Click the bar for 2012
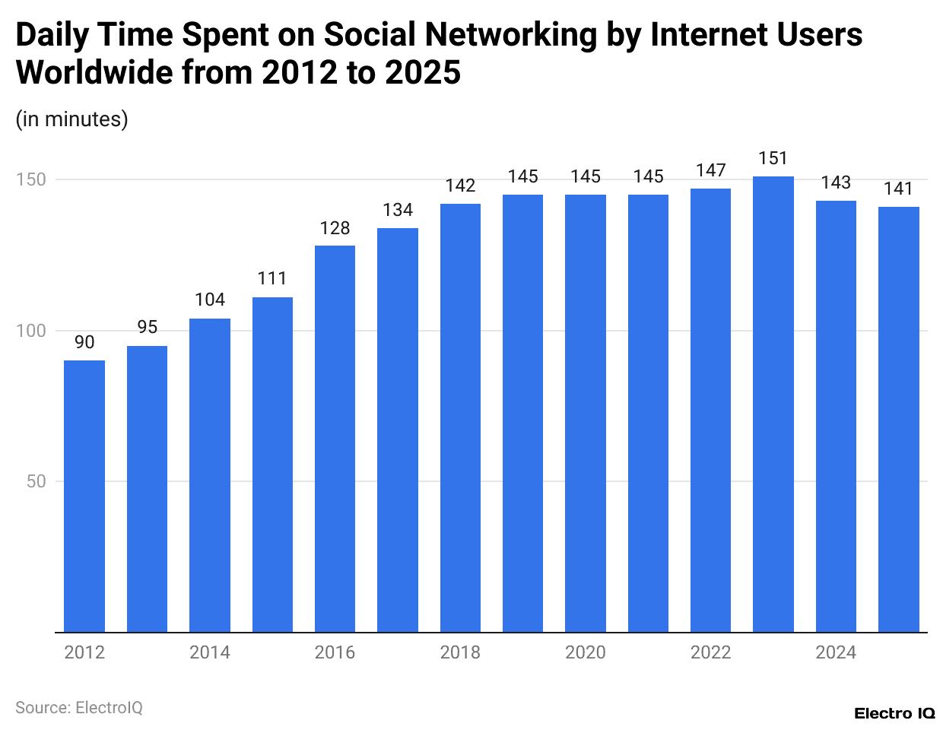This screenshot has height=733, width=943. click(x=84, y=496)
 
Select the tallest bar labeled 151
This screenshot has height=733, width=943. click(x=773, y=404)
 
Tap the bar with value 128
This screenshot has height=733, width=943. click(x=335, y=439)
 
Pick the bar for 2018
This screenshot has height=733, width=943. click(x=460, y=417)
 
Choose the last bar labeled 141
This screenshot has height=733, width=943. click(x=898, y=419)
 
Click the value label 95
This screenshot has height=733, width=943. click(x=148, y=327)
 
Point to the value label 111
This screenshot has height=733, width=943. click(x=272, y=278)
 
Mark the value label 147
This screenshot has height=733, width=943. click(x=710, y=170)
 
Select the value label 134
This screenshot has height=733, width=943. click(x=398, y=210)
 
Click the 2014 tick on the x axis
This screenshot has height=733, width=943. click(x=210, y=652)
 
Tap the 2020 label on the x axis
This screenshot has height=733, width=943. click(x=586, y=652)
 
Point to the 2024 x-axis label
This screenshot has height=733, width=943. click(x=836, y=652)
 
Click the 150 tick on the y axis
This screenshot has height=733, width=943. click(x=31, y=180)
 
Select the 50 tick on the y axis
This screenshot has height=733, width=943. click(x=36, y=481)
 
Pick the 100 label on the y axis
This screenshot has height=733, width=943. click(x=31, y=331)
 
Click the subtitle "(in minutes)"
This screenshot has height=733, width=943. click(x=72, y=119)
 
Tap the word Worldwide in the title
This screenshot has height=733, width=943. click(x=93, y=73)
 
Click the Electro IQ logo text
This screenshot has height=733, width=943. click(x=894, y=713)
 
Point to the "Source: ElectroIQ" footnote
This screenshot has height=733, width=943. click(x=79, y=708)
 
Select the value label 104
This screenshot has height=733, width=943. click(x=210, y=300)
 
